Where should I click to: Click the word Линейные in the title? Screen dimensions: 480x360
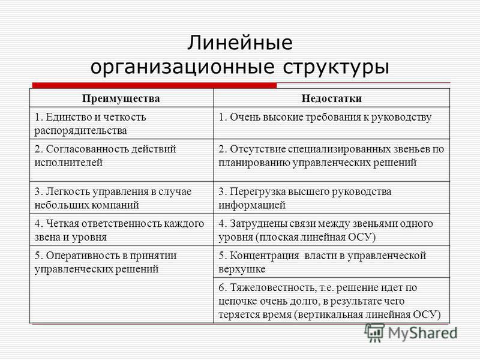pyautogui.click(x=239, y=43)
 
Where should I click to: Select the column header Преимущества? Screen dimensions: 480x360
pyautogui.click(x=121, y=98)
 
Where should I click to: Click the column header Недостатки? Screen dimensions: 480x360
pyautogui.click(x=332, y=98)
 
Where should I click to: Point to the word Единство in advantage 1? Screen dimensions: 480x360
pyautogui.click(x=67, y=117)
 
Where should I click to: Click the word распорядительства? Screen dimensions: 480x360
pyautogui.click(x=80, y=131)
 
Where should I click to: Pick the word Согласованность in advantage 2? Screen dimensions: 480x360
pyautogui.click(x=87, y=149)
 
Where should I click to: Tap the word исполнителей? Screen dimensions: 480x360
pyautogui.click(x=68, y=163)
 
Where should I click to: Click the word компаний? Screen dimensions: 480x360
pyautogui.click(x=118, y=205)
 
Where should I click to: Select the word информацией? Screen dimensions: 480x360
pyautogui.click(x=252, y=205)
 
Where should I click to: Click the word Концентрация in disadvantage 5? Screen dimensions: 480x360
pyautogui.click(x=265, y=256)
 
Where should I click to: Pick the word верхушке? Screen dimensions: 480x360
pyautogui.click(x=242, y=269)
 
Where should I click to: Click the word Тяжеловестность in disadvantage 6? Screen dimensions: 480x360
pyautogui.click(x=272, y=287)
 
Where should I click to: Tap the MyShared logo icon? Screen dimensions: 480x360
pyautogui.click(x=374, y=333)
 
